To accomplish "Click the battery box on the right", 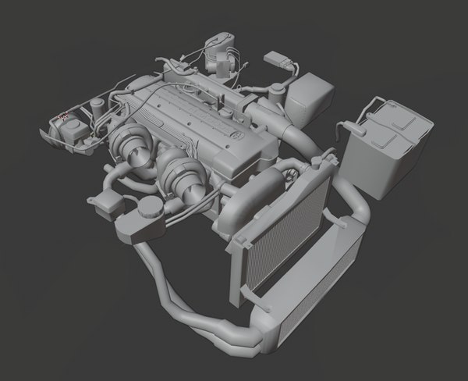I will tap(385, 152).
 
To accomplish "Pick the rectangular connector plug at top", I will tap(277, 59).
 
